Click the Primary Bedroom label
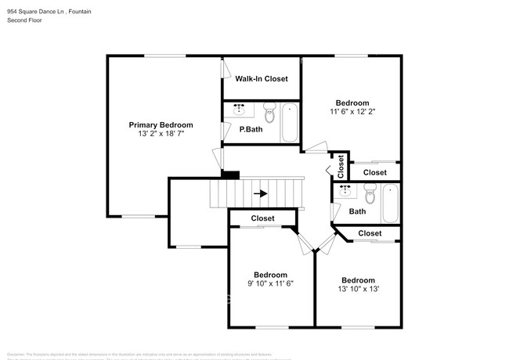coord(161,124)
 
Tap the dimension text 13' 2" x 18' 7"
coord(161,134)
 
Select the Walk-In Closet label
coord(261,79)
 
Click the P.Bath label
coord(251,129)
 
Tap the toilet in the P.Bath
coord(269,113)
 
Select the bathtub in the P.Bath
coord(290,122)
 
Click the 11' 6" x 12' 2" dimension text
coord(352,112)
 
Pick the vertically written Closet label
coord(341,166)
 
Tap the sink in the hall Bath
coord(345,190)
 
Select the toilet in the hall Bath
coord(370,192)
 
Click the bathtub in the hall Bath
coord(391,203)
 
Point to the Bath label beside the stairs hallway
coord(357,211)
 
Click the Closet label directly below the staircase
coord(262,218)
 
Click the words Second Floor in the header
coord(24,20)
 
